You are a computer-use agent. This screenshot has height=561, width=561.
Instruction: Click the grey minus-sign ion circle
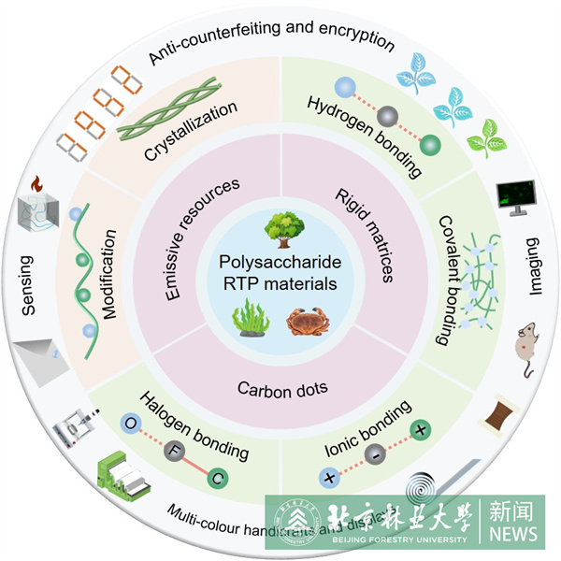point(372,456)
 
